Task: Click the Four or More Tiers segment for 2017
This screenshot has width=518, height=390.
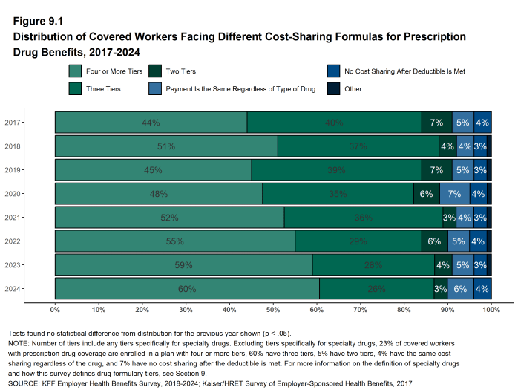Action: tap(151, 123)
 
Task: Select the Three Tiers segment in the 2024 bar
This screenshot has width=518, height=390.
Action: tap(376, 289)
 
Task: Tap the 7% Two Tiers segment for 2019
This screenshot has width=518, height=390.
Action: tap(436, 170)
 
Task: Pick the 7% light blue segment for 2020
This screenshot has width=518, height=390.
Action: tap(454, 194)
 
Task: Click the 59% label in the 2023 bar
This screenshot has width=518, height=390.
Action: tap(183, 265)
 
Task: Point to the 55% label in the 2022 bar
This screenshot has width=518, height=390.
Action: tap(174, 241)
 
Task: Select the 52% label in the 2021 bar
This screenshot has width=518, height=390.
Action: tap(169, 218)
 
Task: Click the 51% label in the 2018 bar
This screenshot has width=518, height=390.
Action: tap(166, 146)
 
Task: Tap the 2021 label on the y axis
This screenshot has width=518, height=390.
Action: tap(13, 218)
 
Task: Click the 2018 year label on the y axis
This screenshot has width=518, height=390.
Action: tap(13, 146)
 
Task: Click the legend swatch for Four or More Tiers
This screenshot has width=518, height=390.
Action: tap(75, 72)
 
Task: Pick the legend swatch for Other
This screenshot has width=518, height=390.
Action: tap(333, 89)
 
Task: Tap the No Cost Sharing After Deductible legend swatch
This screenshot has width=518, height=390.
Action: tap(333, 72)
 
